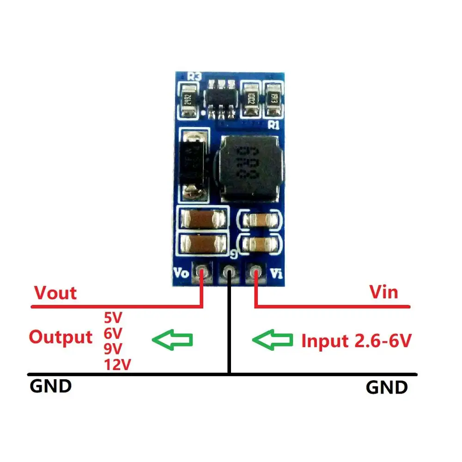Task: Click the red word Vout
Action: (55, 293)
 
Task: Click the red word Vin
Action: (383, 292)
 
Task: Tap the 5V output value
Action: (113, 318)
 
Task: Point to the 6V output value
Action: (113, 333)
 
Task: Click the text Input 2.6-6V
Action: (356, 341)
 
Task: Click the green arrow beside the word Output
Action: (172, 340)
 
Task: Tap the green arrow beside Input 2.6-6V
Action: (272, 340)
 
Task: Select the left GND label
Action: (51, 386)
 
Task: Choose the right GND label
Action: (387, 387)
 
